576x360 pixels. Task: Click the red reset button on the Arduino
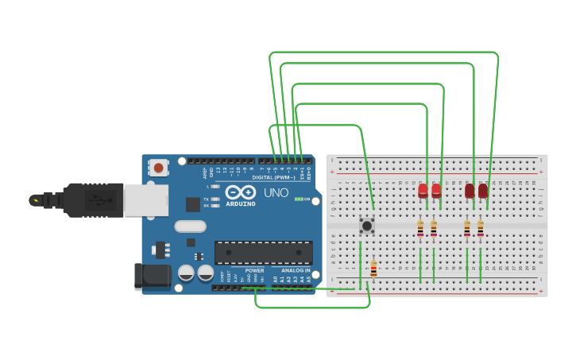(159, 168)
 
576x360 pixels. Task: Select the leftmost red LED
(423, 191)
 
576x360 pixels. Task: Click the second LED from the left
(436, 191)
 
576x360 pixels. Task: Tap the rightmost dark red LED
(483, 191)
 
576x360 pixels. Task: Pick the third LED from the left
(470, 191)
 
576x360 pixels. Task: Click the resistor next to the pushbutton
(373, 269)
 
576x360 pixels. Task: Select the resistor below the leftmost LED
(420, 229)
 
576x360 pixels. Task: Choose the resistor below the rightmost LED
(480, 229)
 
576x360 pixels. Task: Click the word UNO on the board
(276, 192)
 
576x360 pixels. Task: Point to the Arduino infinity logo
(240, 192)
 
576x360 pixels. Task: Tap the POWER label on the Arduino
(254, 271)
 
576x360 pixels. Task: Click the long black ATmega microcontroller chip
(263, 253)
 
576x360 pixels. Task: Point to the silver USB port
(145, 200)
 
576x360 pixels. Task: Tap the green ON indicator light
(298, 199)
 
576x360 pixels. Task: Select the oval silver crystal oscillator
(191, 226)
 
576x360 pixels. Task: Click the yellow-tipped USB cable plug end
(36, 199)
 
